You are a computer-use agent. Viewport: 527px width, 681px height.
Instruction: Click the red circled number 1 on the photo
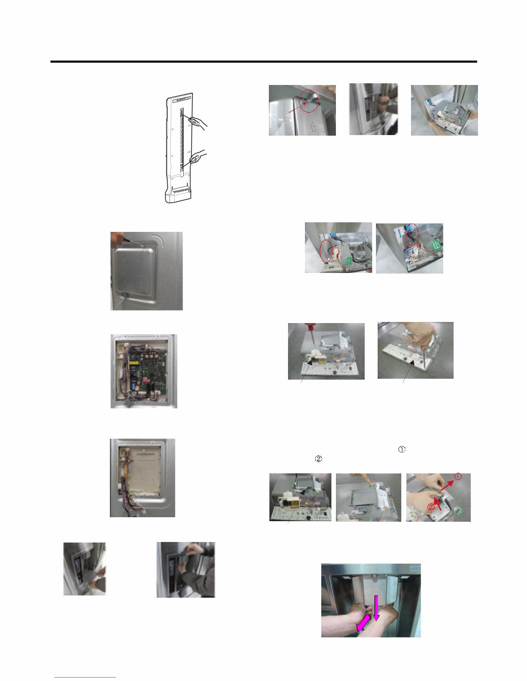pyautogui.click(x=458, y=477)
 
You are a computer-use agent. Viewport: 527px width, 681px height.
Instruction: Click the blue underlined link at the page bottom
pyautogui.click(x=85, y=676)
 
